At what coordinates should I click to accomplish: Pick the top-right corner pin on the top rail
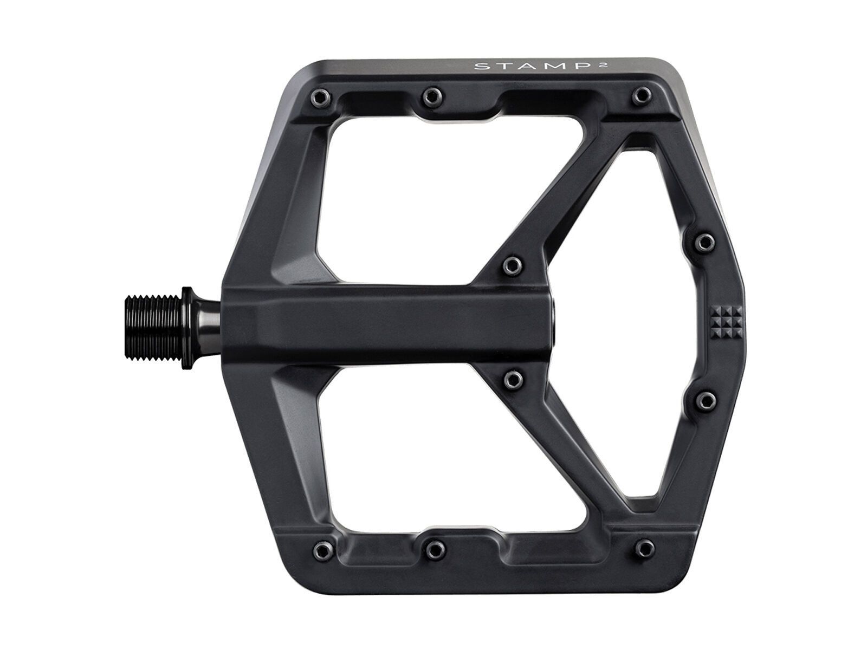(x=642, y=94)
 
